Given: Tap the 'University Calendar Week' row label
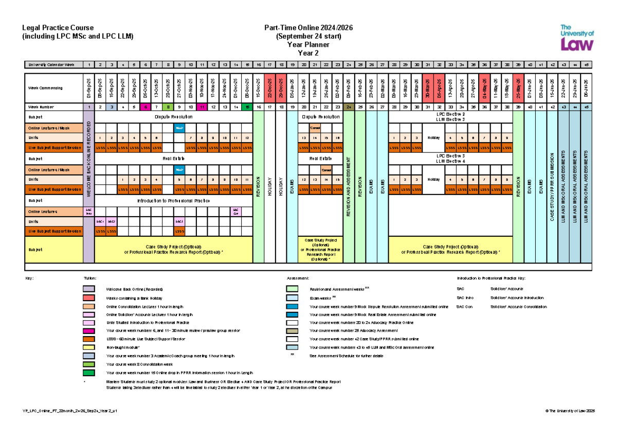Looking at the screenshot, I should point(51,64).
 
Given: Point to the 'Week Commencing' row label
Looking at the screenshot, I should point(46,88).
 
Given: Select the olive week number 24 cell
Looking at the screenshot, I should point(349,107).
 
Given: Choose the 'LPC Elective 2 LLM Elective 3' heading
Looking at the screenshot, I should point(450,116).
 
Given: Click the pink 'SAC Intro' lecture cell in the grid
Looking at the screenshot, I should point(88,212).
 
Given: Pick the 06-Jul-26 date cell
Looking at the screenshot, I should point(587,88).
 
